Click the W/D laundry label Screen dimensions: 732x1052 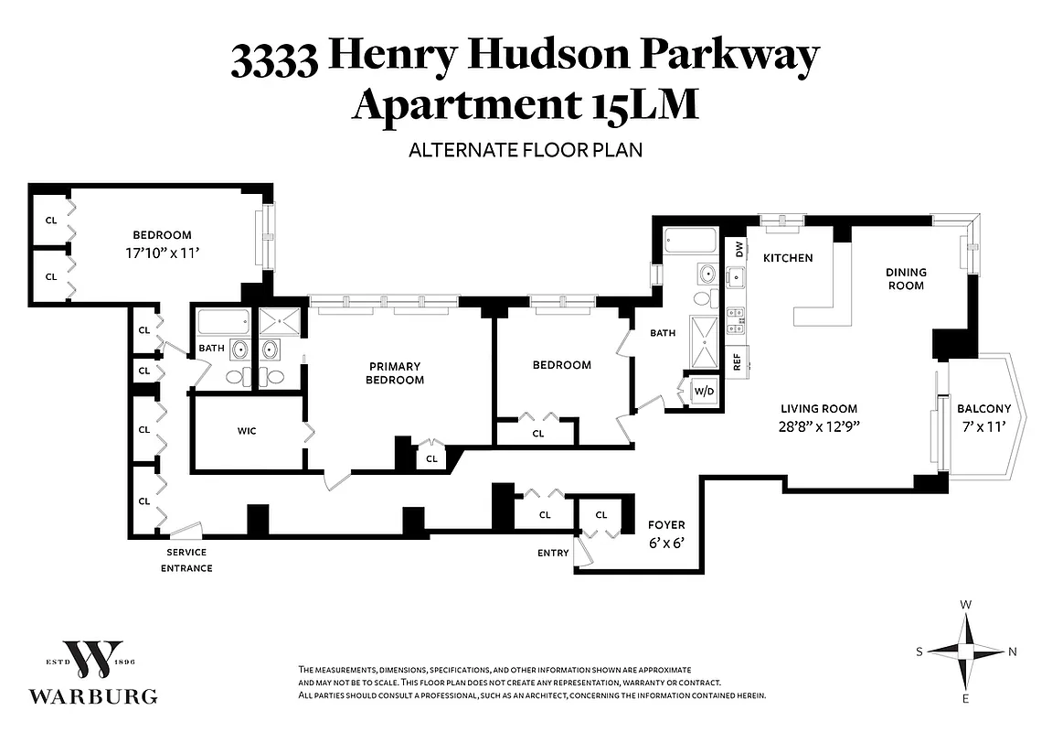pyautogui.click(x=704, y=392)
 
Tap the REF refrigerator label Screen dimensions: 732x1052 pyautogui.click(x=737, y=361)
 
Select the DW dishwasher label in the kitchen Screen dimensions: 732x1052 pyautogui.click(x=737, y=247)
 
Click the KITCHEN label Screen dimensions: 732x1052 pyautogui.click(x=788, y=258)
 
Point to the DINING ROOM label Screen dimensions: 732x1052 pyautogui.click(x=906, y=278)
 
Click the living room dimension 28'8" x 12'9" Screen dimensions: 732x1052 pyautogui.click(x=819, y=425)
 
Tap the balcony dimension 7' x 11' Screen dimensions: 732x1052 pyautogui.click(x=983, y=425)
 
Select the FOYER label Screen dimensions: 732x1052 pyautogui.click(x=666, y=525)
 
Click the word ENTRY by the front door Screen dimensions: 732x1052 pyautogui.click(x=553, y=553)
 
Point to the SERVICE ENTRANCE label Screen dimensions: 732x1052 pyautogui.click(x=186, y=560)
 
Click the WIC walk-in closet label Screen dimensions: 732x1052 pyautogui.click(x=246, y=431)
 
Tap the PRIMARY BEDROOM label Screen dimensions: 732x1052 pyautogui.click(x=395, y=373)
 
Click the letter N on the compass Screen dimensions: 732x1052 pyautogui.click(x=1012, y=651)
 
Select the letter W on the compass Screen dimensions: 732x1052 pyautogui.click(x=966, y=605)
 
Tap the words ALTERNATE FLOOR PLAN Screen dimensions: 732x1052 pyautogui.click(x=526, y=149)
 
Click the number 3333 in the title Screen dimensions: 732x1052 pyautogui.click(x=274, y=59)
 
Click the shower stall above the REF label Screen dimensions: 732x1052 pyautogui.click(x=705, y=334)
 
